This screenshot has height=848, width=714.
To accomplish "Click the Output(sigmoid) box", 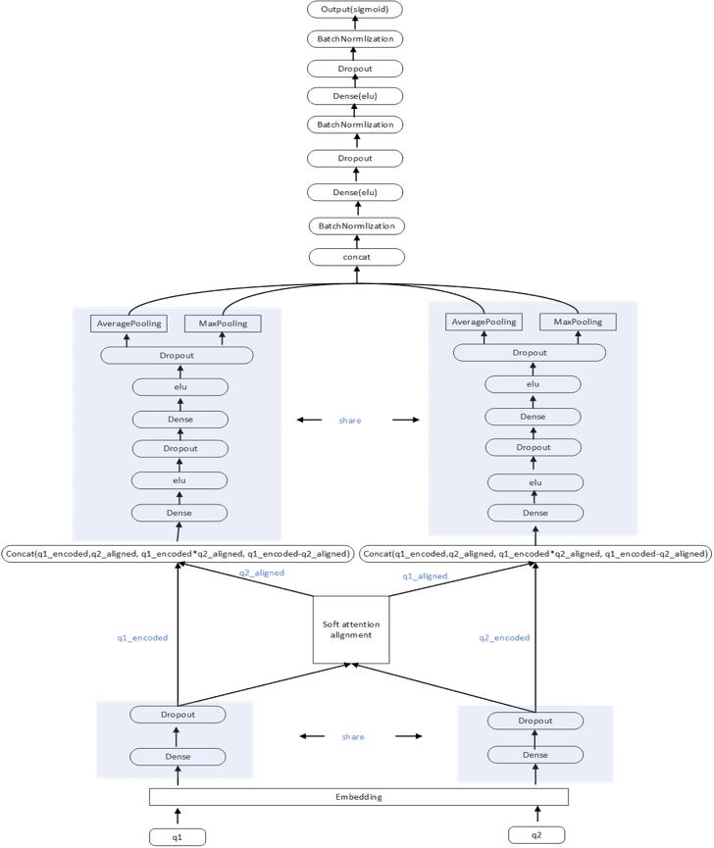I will tap(354, 10).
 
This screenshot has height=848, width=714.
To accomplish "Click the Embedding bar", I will tap(358, 796).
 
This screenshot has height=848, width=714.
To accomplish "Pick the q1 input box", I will tap(178, 836).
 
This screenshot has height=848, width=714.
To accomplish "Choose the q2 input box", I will tap(537, 835).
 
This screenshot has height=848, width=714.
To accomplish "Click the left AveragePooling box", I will tap(128, 324).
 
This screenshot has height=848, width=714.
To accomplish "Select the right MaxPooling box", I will tap(578, 323).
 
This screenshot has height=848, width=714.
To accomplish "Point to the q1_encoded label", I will tap(143, 637).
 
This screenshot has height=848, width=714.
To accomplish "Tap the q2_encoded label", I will tap(504, 637).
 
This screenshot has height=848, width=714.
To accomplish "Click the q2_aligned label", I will tap(262, 573).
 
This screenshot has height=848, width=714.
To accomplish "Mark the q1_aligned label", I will tap(426, 576).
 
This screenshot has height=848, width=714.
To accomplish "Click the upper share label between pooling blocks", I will tap(350, 420).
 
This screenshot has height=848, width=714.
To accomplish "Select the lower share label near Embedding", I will tap(353, 736).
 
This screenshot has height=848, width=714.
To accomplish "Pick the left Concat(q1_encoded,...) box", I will tap(178, 554).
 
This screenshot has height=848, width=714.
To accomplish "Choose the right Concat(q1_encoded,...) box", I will tap(535, 554).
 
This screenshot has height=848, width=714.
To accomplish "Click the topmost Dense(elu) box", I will tap(354, 96).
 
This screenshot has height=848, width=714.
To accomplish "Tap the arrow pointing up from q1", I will tap(178, 815).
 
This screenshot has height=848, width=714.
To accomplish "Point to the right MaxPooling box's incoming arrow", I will tap(578, 339).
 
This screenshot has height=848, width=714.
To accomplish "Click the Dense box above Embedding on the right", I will tap(535, 755).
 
